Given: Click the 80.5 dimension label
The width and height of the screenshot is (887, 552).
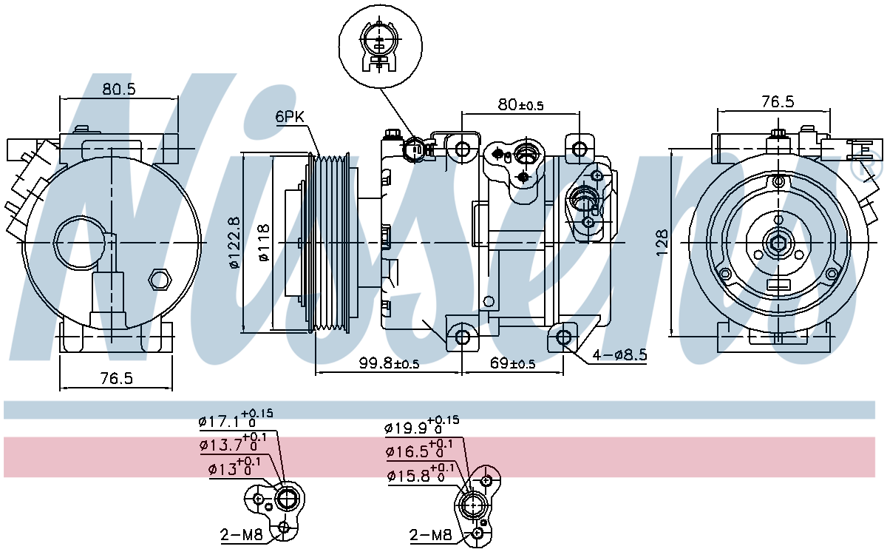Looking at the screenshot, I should point(119,89).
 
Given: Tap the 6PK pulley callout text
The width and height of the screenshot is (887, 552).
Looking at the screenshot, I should point(290,116).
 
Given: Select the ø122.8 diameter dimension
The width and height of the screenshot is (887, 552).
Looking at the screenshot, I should point(234,242).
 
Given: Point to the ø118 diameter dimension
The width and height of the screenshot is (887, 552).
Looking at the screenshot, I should point(262,242).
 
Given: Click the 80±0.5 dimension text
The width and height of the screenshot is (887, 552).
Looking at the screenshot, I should point(520,104).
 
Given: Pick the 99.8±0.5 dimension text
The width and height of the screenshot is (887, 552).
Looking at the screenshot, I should point(389,363).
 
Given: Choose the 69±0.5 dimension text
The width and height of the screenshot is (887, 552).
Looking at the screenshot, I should point(512,363).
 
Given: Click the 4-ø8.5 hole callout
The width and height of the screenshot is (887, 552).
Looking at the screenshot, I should point(620,355).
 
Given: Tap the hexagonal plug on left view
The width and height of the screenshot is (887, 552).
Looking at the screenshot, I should point(158,280).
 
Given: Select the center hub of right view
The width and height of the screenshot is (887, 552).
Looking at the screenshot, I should point(778,242).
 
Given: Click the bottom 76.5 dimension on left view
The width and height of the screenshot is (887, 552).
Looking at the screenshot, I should point(117,377).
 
